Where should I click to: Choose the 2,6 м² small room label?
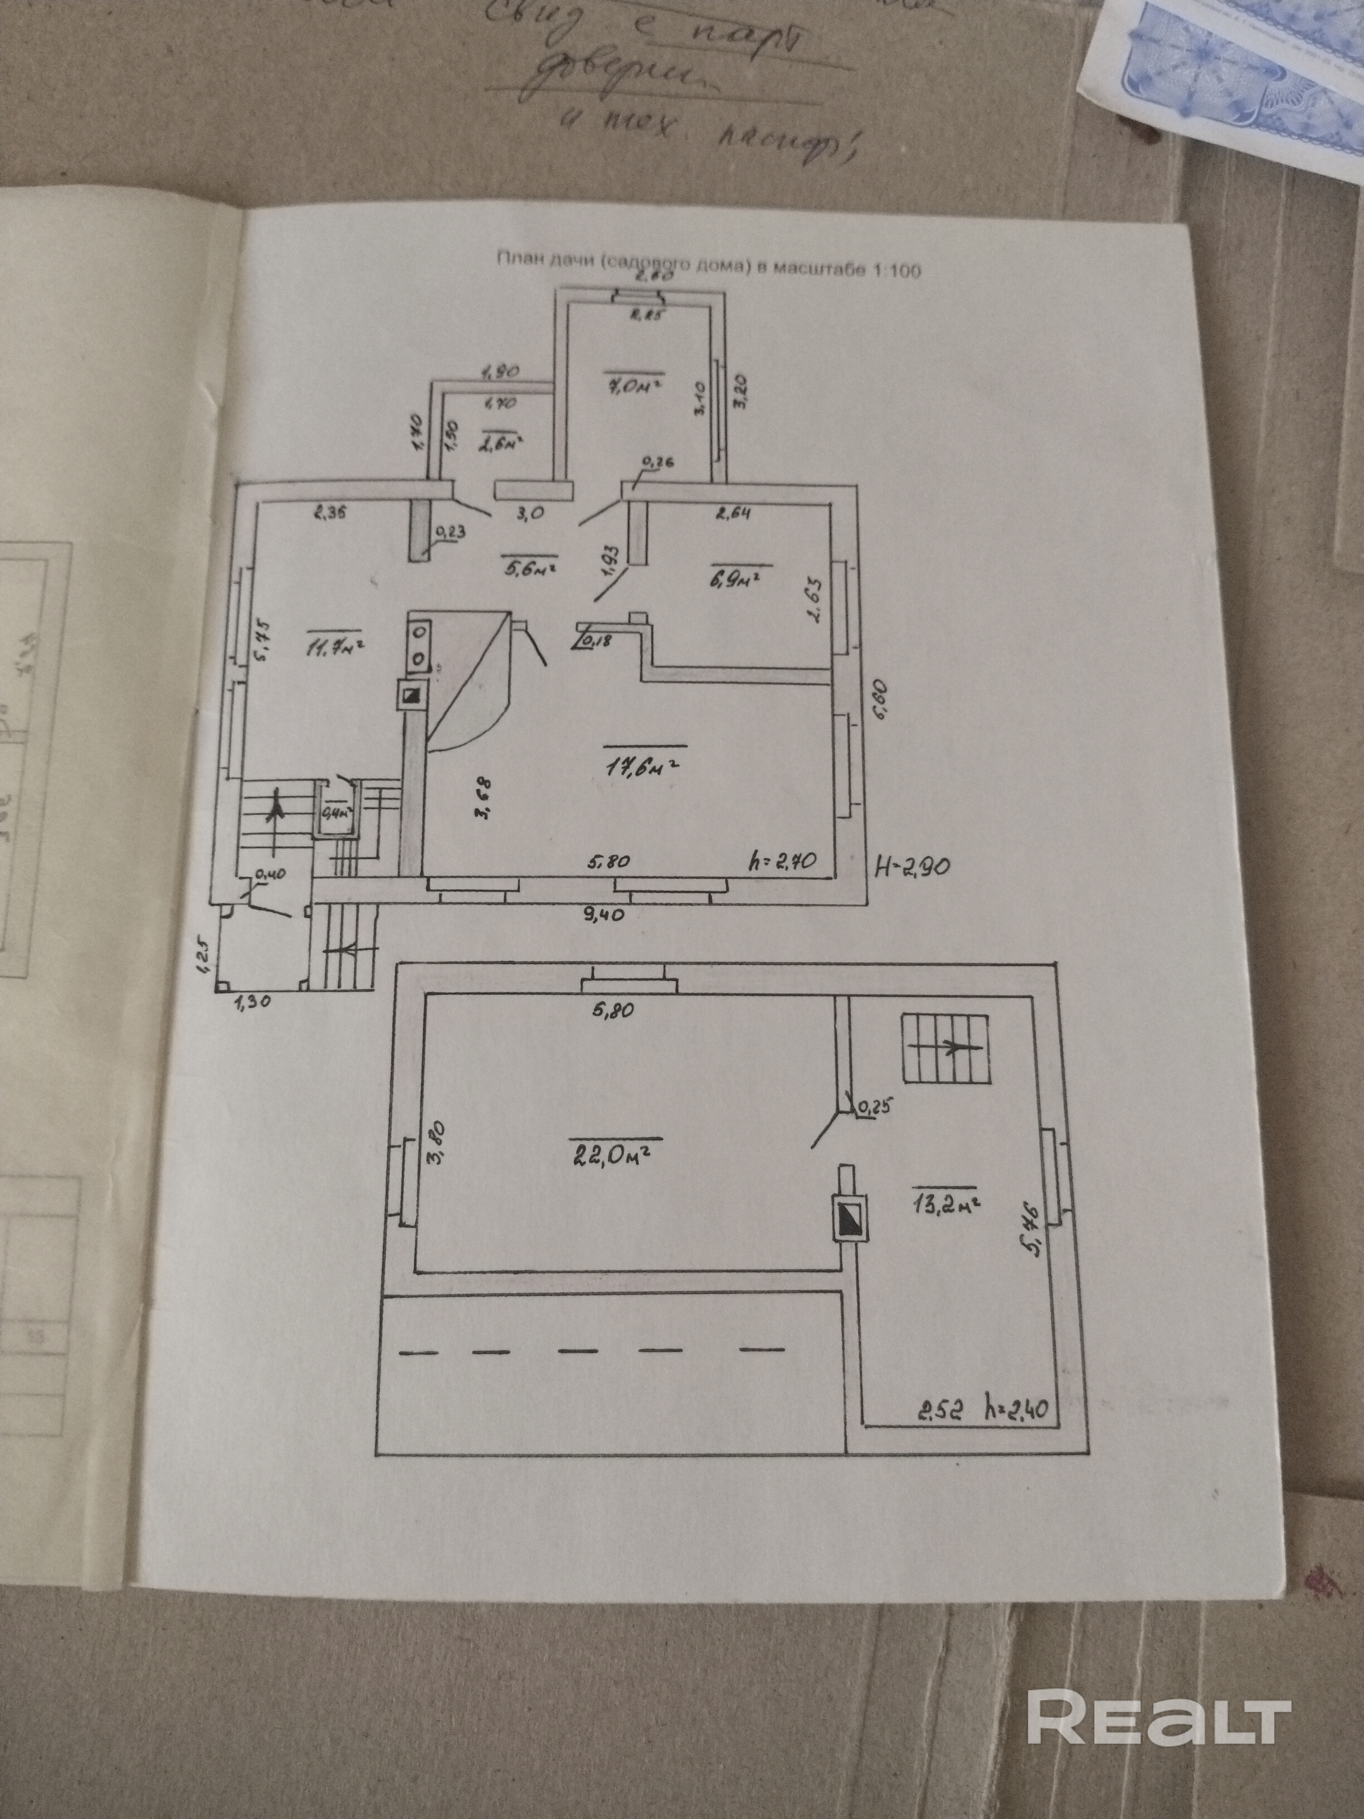[503, 445]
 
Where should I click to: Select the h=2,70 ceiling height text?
[781, 861]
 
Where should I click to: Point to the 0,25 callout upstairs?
[874, 1108]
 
